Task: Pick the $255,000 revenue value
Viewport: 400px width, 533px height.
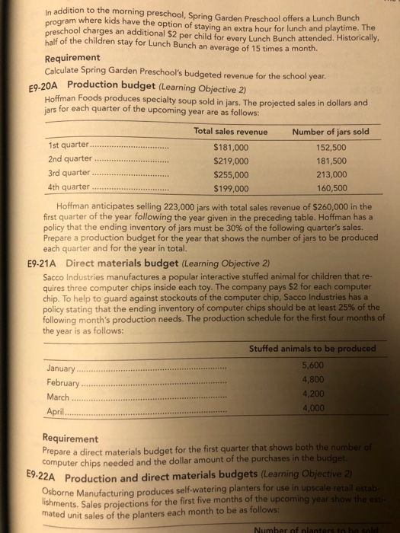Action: coord(233,174)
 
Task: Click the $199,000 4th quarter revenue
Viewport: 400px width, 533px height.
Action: coord(233,188)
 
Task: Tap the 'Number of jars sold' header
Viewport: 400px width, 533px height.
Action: coord(331,131)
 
